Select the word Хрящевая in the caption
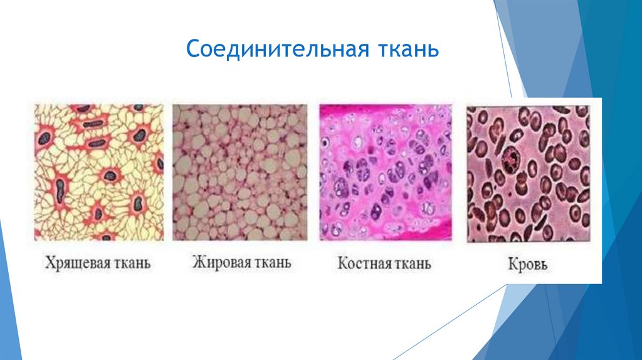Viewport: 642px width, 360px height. point(72,263)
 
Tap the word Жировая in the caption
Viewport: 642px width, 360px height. point(218,262)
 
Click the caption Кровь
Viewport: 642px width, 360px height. point(527,264)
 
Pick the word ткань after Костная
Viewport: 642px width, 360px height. point(412,263)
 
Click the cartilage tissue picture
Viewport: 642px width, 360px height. point(98,172)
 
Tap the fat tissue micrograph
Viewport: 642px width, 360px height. point(239,172)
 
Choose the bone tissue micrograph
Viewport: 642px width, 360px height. point(386,172)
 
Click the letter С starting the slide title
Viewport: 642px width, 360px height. point(192,49)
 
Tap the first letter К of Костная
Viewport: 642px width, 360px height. point(342,263)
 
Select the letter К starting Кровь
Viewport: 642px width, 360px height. point(510,264)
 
